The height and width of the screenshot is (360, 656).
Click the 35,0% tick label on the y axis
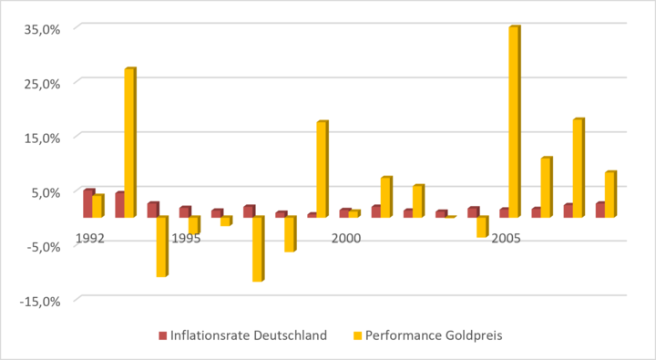[41, 30]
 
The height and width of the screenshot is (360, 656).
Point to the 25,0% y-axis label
[41, 84]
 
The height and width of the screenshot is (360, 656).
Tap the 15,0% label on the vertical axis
[41, 139]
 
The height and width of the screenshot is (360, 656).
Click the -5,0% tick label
[43, 247]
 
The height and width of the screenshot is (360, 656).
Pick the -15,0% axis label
[40, 302]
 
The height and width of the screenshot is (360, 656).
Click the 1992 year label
[90, 238]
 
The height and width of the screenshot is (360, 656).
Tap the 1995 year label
[186, 238]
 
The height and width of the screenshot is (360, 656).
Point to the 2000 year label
[346, 238]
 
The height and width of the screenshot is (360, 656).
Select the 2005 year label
[506, 238]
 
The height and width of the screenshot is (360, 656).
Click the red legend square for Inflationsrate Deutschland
[163, 335]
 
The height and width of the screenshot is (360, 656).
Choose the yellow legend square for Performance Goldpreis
[357, 335]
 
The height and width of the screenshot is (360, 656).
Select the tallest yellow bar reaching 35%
[515, 121]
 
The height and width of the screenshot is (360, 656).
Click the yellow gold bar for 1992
[97, 206]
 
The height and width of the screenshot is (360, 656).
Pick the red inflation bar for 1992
[87, 203]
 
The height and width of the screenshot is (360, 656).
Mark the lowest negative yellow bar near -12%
[259, 249]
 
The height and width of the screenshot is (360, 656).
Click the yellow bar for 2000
[354, 213]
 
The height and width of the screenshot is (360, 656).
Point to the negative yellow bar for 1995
[195, 225]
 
